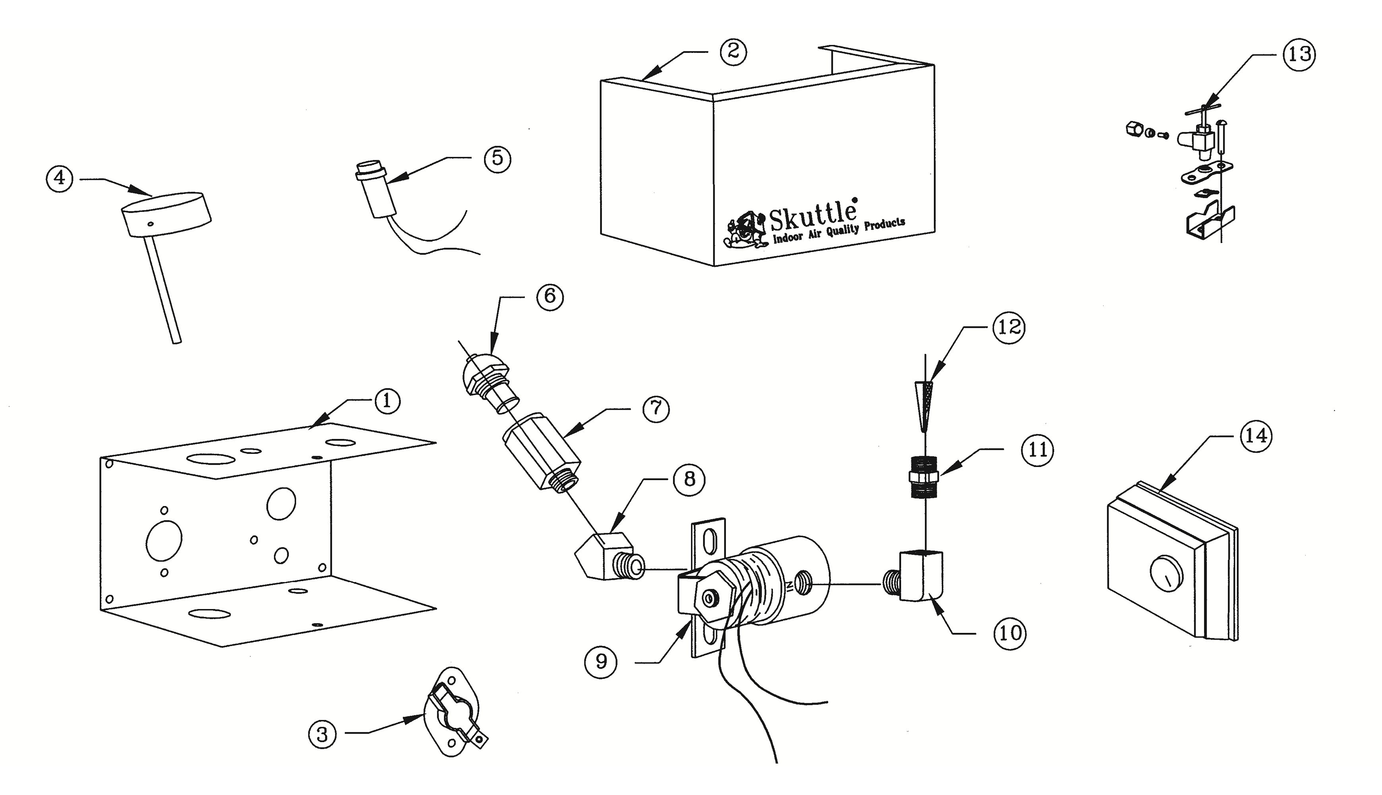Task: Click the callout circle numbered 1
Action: pyautogui.click(x=387, y=401)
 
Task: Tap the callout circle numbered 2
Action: pyautogui.click(x=733, y=52)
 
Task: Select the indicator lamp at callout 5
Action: pyautogui.click(x=374, y=188)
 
